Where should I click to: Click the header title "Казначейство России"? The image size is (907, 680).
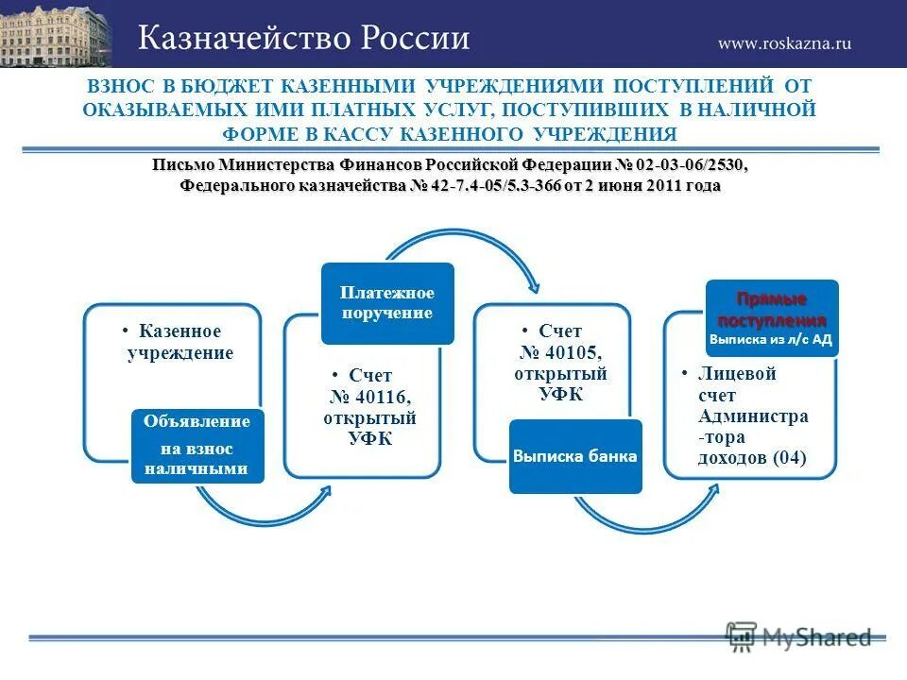pos(304,38)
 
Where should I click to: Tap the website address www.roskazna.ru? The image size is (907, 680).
pos(784,42)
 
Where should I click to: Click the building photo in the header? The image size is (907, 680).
pos(55,34)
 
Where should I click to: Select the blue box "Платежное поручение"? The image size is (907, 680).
pos(386,302)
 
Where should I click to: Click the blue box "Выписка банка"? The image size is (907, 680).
pos(575,456)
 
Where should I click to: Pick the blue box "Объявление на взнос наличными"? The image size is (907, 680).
pos(197,445)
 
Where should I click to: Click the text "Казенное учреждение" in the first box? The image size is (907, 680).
pos(180,342)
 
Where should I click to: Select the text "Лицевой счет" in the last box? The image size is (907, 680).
pos(737,384)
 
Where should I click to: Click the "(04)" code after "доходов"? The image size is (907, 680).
pos(790,458)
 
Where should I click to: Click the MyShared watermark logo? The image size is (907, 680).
pos(799,637)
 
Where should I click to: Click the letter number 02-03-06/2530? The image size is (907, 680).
pos(691,165)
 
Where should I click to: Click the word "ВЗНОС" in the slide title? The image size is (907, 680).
pos(119,86)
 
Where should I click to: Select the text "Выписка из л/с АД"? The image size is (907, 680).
pos(771,339)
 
